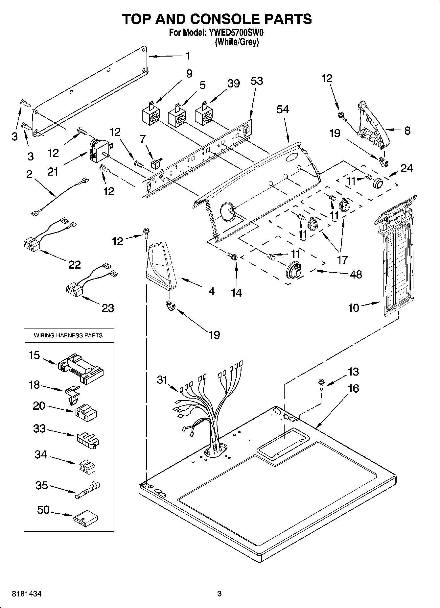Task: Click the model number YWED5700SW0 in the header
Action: pos(236,33)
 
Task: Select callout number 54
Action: pos(282,109)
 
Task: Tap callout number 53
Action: pos(257,81)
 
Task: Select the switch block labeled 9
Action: pos(150,114)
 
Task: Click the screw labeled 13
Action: pos(320,383)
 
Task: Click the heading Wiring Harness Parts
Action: pos(68,335)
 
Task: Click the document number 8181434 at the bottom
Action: pos(27,594)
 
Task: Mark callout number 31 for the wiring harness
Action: pos(162,380)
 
